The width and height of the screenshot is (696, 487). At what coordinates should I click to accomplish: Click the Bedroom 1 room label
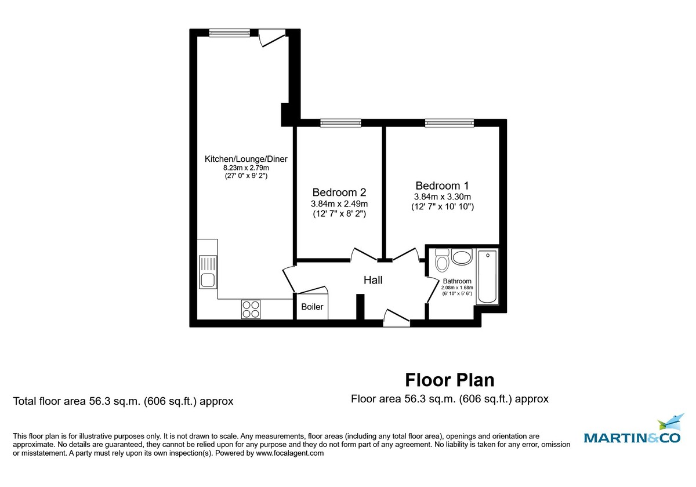click(x=442, y=186)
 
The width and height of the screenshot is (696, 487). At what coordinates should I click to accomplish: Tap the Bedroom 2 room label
click(x=339, y=192)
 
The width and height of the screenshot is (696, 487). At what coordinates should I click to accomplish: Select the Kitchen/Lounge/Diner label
click(x=246, y=159)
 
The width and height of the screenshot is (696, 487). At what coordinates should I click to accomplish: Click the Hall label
click(x=373, y=280)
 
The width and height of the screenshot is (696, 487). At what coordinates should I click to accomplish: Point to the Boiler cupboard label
click(x=312, y=307)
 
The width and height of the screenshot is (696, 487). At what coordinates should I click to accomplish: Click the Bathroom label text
click(x=457, y=281)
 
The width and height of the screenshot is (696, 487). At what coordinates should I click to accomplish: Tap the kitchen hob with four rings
click(x=251, y=309)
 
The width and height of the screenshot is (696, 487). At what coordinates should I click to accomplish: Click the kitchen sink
click(x=207, y=272)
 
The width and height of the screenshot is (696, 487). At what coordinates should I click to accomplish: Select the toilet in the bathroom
click(x=441, y=261)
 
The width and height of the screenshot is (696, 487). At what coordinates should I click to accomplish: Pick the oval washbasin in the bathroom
click(x=462, y=257)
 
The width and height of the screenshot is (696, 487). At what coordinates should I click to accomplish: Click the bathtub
click(x=487, y=277)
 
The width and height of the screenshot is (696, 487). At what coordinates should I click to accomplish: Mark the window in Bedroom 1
click(x=449, y=123)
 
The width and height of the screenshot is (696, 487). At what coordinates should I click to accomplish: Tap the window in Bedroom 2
click(x=340, y=123)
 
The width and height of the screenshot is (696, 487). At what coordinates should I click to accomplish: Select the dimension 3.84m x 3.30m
click(x=442, y=197)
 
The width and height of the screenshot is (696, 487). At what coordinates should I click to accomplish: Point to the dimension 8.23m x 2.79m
click(x=246, y=168)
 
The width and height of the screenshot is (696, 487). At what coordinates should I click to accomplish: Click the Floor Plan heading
click(x=449, y=380)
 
